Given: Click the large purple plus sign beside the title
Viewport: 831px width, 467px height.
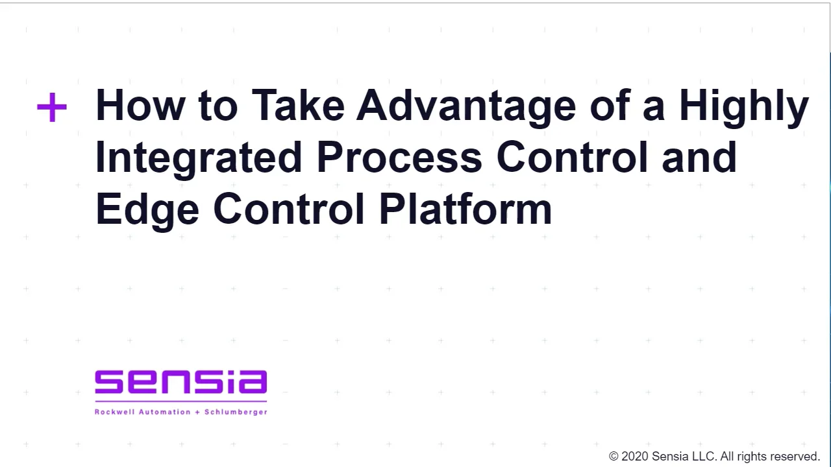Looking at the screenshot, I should click(52, 107).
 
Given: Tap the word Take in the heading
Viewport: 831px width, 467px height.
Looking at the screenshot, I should click(297, 106).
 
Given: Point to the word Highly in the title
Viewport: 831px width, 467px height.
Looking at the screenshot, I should click(743, 107).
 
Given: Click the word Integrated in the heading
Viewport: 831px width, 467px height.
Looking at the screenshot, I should click(199, 158).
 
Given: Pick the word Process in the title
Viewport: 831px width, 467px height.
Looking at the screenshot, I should click(399, 158).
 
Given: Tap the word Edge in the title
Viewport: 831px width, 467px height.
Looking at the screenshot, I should click(147, 210).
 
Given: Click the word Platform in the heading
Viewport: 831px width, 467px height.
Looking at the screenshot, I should click(465, 210).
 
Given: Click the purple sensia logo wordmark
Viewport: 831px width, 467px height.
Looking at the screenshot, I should click(180, 383).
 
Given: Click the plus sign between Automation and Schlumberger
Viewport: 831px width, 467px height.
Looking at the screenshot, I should click(198, 412).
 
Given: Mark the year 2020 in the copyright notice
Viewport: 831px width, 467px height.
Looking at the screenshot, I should click(634, 457).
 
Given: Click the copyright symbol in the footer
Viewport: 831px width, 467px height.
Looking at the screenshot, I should click(614, 457).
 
